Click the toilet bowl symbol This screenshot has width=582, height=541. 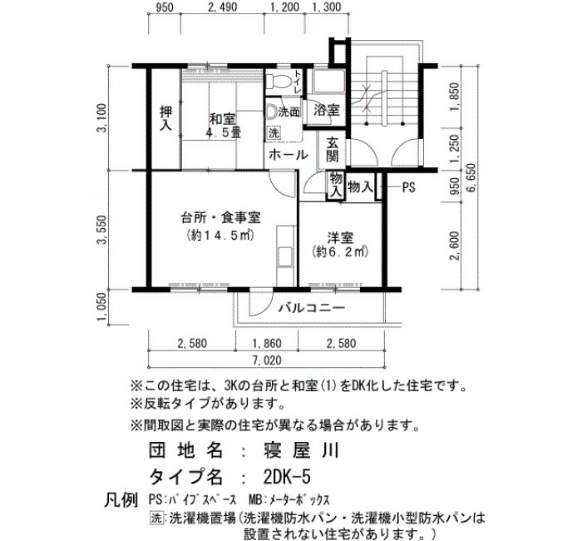277,80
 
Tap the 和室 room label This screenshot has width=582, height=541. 222,120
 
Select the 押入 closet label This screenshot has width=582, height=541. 165,118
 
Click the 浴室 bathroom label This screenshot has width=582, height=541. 327,110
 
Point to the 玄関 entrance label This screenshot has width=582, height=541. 333,149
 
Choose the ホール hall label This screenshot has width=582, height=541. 289,155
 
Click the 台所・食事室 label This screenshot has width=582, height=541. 220,217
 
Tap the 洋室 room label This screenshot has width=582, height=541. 340,238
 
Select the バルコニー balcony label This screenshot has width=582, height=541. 313,308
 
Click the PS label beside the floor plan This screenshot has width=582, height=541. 409,188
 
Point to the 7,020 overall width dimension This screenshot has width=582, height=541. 267,360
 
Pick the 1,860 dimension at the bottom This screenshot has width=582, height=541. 267,343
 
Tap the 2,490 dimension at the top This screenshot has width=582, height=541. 222,7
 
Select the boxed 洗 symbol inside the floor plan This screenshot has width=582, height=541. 274,133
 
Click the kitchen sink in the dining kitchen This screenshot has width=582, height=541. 285,256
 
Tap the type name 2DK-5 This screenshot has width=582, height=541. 287,476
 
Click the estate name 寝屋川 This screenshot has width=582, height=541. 301,451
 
